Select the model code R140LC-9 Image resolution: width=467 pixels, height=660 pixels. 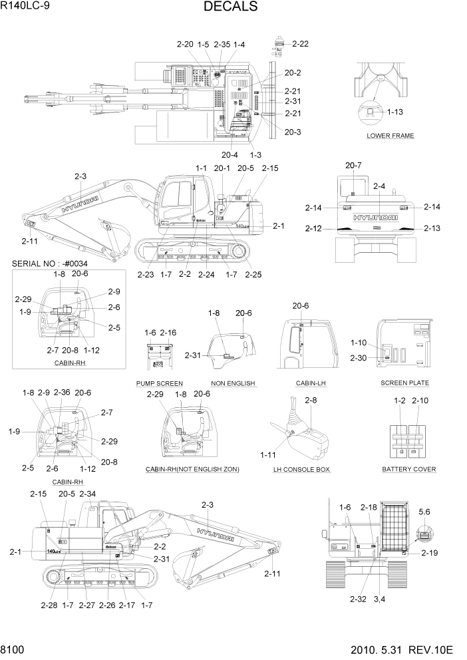(27, 7)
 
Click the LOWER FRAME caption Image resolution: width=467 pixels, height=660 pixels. (390, 136)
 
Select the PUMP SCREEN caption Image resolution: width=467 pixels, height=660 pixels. (159, 384)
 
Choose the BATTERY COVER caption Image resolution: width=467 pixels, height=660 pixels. (408, 469)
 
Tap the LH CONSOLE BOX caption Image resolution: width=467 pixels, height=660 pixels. (301, 469)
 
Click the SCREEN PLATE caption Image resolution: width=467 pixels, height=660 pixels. (404, 383)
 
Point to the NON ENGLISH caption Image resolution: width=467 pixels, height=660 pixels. (234, 384)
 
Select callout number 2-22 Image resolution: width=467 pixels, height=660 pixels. (299, 44)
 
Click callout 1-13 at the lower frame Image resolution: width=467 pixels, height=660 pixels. (394, 112)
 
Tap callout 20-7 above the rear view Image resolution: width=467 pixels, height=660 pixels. (353, 165)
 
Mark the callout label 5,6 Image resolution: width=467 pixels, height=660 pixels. (424, 512)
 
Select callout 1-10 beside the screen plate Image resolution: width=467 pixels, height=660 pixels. (359, 343)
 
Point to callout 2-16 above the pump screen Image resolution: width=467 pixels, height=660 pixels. (168, 332)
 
